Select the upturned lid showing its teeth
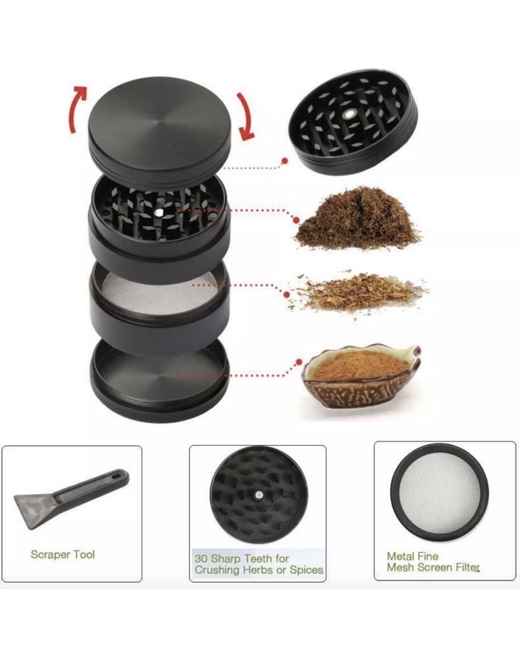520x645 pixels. [x=353, y=122]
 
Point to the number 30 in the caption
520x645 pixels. [x=201, y=558]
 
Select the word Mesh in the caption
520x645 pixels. [x=399, y=567]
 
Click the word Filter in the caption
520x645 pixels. [x=464, y=567]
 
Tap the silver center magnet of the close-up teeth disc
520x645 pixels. [x=259, y=495]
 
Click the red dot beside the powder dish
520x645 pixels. [x=299, y=362]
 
